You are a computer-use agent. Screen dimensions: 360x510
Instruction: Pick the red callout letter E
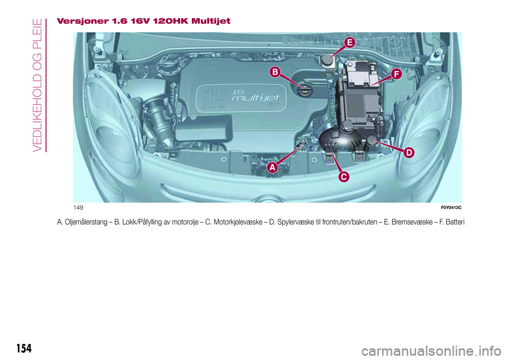pyautogui.click(x=349, y=42)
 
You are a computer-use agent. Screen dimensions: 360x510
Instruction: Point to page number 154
pyautogui.click(x=23, y=348)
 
